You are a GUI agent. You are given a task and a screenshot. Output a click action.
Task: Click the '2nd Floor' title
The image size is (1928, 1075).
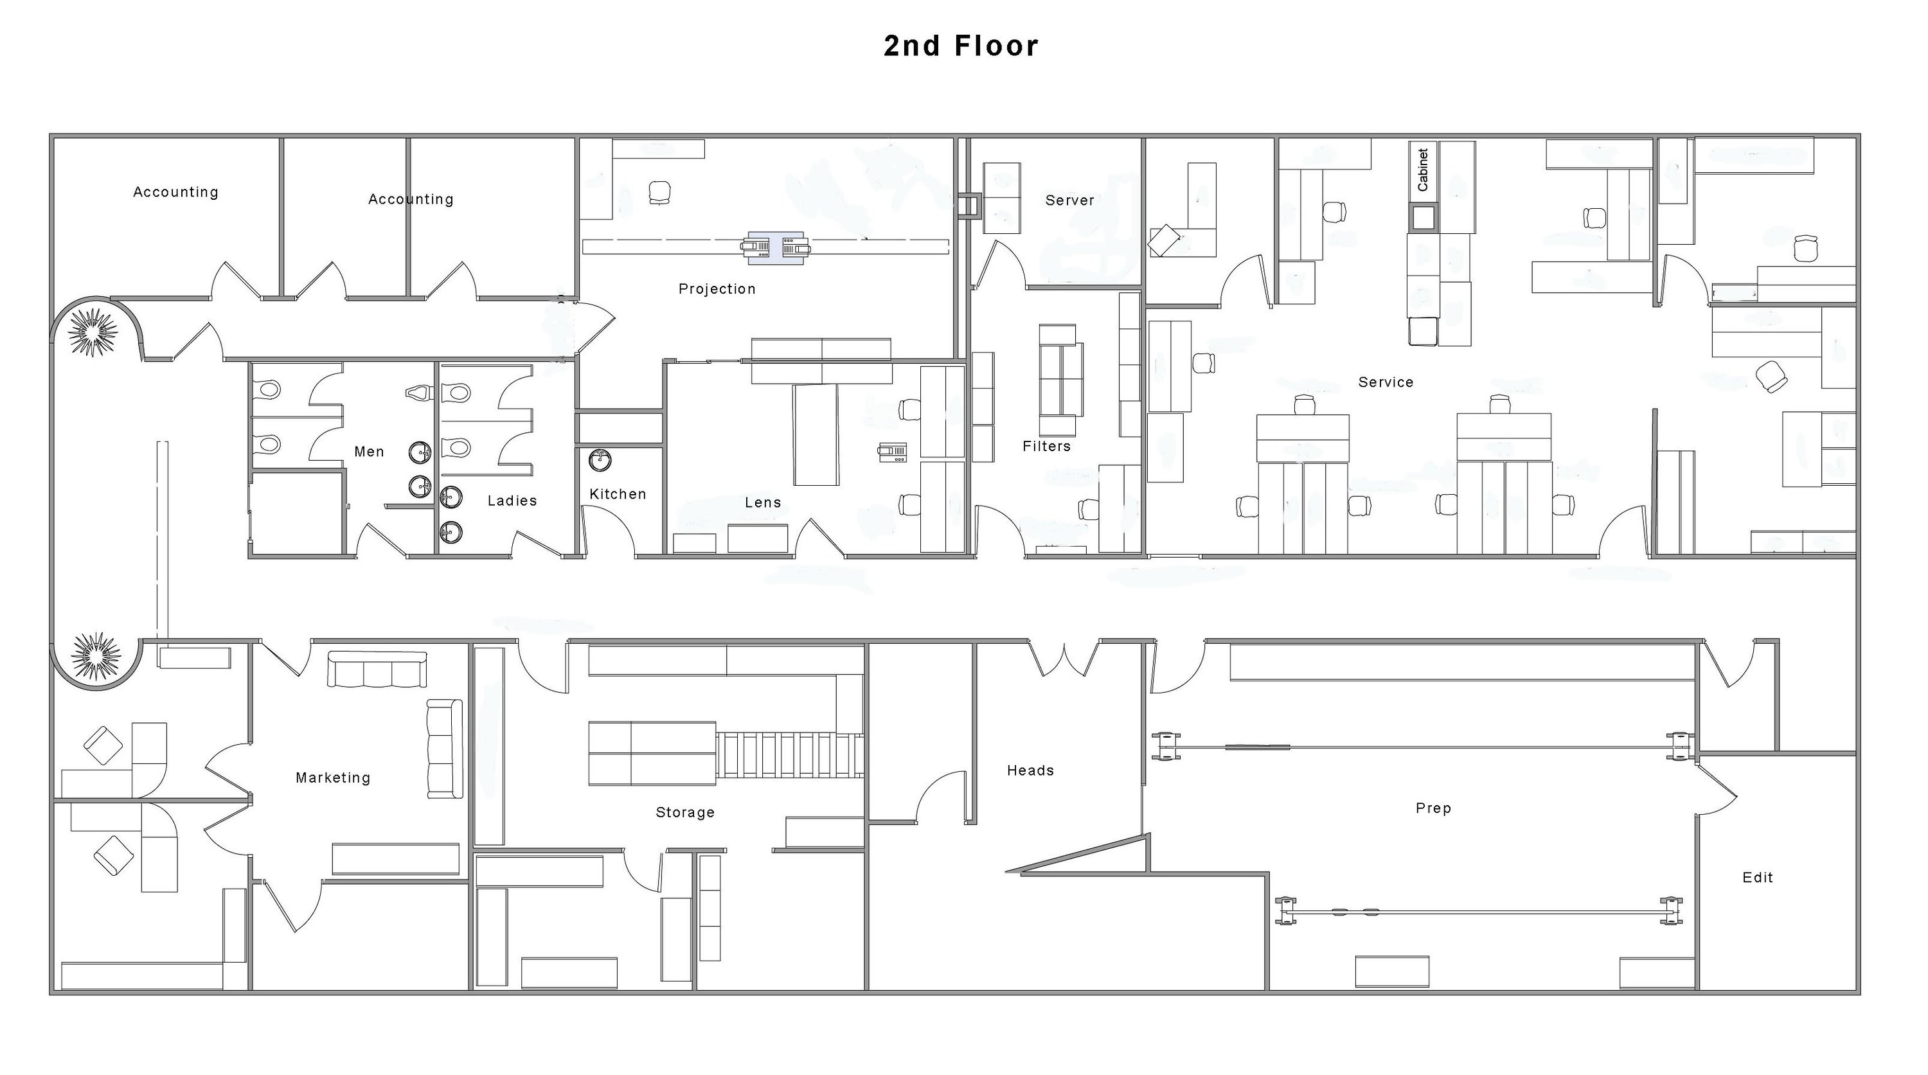pyautogui.click(x=961, y=46)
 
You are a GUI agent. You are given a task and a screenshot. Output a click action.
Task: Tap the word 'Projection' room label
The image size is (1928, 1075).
pyautogui.click(x=717, y=289)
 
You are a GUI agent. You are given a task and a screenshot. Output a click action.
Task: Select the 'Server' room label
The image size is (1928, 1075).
pyautogui.click(x=1069, y=200)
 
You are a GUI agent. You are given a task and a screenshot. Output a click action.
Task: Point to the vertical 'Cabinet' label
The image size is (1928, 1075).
pyautogui.click(x=1423, y=170)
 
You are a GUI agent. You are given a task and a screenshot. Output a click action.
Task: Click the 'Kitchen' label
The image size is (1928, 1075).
pyautogui.click(x=618, y=493)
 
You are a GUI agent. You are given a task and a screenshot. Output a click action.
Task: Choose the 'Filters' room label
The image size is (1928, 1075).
pyautogui.click(x=1046, y=446)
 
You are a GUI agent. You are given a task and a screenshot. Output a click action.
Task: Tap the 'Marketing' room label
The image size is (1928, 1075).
pyautogui.click(x=333, y=777)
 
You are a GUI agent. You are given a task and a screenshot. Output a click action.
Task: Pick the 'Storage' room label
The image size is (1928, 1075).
pyautogui.click(x=685, y=812)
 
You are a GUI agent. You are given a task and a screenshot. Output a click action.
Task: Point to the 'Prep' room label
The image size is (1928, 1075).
pyautogui.click(x=1433, y=808)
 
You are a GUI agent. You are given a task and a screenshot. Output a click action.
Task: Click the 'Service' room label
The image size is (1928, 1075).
pyautogui.click(x=1386, y=382)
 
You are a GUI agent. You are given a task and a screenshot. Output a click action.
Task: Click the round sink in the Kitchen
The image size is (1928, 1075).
pyautogui.click(x=600, y=459)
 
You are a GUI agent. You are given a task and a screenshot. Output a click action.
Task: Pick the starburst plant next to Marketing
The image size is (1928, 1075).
pyautogui.click(x=96, y=656)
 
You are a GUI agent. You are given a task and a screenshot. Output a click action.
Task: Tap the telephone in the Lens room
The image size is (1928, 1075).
pyautogui.click(x=892, y=452)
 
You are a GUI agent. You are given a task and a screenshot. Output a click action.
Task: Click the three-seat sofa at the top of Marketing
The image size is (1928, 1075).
pyautogui.click(x=377, y=669)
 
